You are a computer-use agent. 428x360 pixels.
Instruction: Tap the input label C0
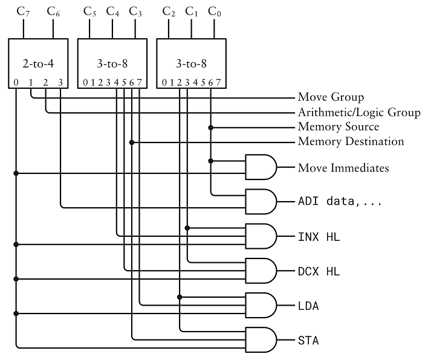(x=213, y=11)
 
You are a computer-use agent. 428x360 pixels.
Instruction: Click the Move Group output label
(x=331, y=97)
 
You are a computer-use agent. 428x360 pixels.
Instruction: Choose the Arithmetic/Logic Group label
(x=359, y=112)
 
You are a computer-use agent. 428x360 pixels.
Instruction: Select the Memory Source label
(x=339, y=127)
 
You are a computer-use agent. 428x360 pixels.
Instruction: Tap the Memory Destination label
(x=351, y=142)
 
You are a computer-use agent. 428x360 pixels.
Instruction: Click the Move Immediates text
(x=343, y=168)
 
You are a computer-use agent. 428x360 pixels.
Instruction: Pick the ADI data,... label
(x=340, y=201)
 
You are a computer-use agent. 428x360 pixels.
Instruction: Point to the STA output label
(x=308, y=341)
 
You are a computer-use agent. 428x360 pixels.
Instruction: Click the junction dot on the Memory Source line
(x=210, y=127)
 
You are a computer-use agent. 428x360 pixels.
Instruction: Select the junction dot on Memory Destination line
(x=132, y=143)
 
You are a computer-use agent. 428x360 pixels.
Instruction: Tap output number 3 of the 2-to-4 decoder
(x=60, y=83)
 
